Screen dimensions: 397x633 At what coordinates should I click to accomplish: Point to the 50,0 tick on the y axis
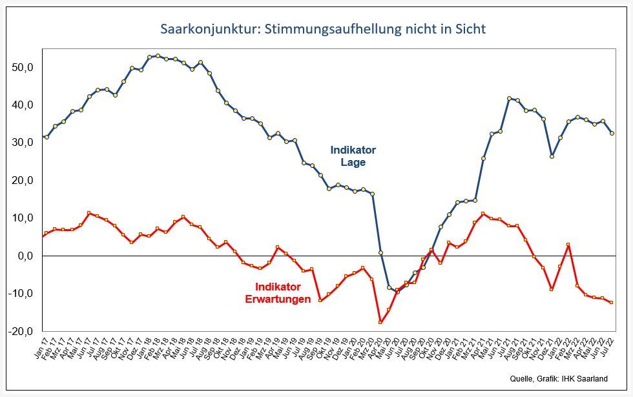[28, 67]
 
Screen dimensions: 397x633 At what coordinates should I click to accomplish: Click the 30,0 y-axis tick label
[28, 143]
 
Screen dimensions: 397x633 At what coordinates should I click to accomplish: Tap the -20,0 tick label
[26, 331]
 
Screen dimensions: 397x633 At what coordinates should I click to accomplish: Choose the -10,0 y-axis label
[26, 294]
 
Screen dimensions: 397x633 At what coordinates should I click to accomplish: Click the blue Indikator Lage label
[353, 156]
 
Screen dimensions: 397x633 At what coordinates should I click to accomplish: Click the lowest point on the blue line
[397, 292]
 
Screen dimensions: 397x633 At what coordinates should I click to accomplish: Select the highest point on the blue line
[158, 56]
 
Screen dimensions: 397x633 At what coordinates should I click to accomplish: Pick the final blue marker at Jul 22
[612, 133]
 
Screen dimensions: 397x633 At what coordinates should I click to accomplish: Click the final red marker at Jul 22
[612, 302]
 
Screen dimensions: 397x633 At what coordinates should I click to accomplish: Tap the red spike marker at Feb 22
[568, 245]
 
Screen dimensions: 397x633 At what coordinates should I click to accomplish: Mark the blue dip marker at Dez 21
[552, 156]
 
